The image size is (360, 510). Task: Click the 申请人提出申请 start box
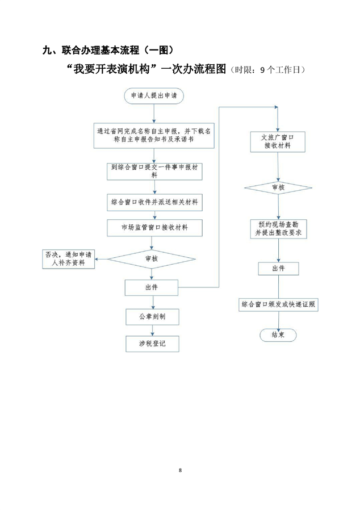point(153,96)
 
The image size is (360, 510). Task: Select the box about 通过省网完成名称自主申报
point(154,135)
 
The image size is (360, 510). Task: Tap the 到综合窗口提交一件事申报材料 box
point(154,171)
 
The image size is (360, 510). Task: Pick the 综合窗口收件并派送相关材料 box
point(154,202)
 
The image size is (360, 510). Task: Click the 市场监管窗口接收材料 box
point(154,228)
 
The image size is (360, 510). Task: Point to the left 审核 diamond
point(152,259)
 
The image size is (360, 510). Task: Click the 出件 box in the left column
point(152,287)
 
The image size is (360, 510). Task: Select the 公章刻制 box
point(152,316)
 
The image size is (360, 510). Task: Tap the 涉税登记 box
point(152,344)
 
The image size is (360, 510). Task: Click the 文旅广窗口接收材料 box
point(278,141)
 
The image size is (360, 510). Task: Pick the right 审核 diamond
point(278,187)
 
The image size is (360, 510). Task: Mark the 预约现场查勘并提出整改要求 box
point(278,229)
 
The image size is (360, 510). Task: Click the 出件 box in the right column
point(278,269)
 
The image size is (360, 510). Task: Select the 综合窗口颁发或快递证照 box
point(278,305)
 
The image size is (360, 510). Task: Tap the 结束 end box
point(278,335)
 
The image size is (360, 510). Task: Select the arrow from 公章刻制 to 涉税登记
point(152,330)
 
